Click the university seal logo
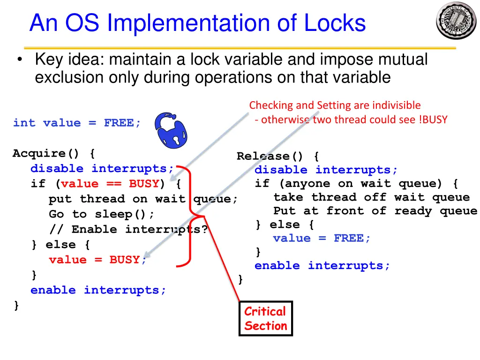[x=456, y=20]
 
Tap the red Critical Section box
[x=265, y=319]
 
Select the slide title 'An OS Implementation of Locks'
[x=197, y=23]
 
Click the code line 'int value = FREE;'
[x=77, y=123]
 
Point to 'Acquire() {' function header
[x=54, y=153]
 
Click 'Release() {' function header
[x=278, y=156]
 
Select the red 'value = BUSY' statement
[x=94, y=260]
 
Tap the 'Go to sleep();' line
[x=102, y=214]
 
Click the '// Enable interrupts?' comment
[x=128, y=229]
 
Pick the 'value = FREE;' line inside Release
[x=322, y=238]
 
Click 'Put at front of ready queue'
[x=375, y=211]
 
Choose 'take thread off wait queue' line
[x=371, y=197]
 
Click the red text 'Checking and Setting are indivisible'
[x=335, y=105]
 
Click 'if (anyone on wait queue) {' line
[x=357, y=183]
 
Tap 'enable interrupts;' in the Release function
[x=322, y=266]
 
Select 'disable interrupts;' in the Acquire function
[x=102, y=168]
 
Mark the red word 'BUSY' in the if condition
[x=144, y=184]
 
